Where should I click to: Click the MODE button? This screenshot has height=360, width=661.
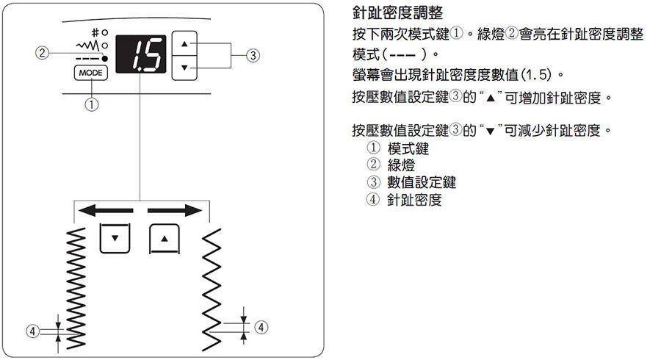click(x=90, y=73)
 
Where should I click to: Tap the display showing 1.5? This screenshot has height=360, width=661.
click(x=141, y=54)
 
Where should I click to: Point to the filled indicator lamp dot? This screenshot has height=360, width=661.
click(x=105, y=59)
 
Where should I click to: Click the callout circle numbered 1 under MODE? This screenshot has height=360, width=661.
click(x=92, y=104)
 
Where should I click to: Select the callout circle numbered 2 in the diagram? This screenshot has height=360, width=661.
click(x=42, y=53)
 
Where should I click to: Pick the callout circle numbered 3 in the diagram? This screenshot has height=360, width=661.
click(x=253, y=55)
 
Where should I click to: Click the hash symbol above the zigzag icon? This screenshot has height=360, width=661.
click(x=95, y=32)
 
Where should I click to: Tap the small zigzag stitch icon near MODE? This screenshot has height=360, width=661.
click(x=87, y=45)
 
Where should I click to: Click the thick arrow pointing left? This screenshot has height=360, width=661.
click(x=106, y=210)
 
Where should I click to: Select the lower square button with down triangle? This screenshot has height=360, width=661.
click(x=115, y=238)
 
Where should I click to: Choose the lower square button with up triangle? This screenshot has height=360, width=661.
click(x=165, y=239)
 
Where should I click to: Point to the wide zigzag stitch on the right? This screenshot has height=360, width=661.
click(x=212, y=289)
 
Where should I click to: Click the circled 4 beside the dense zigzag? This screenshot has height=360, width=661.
click(x=32, y=331)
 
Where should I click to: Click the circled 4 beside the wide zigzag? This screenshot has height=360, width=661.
click(x=261, y=327)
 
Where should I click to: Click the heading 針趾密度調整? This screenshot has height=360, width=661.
click(x=397, y=13)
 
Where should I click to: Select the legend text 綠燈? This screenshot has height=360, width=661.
click(x=401, y=165)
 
